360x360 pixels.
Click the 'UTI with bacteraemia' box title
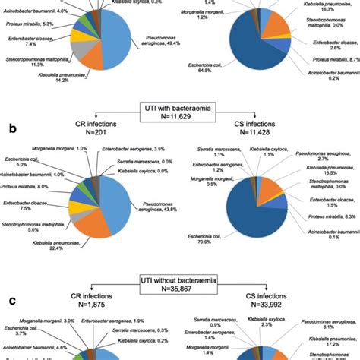pos(180,112)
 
